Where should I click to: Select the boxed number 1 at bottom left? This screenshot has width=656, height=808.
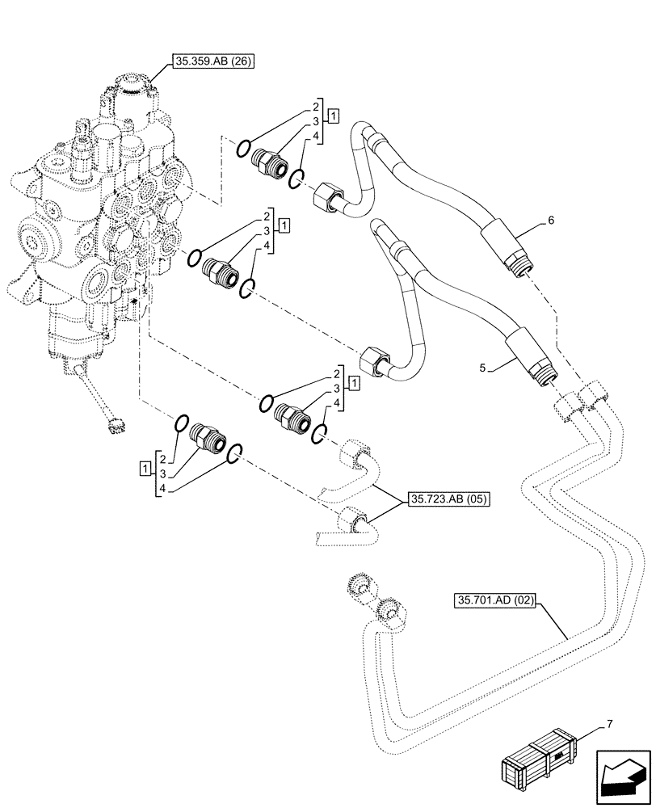pos(145,467)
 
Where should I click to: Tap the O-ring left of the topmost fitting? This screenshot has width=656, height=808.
pos(242,147)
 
